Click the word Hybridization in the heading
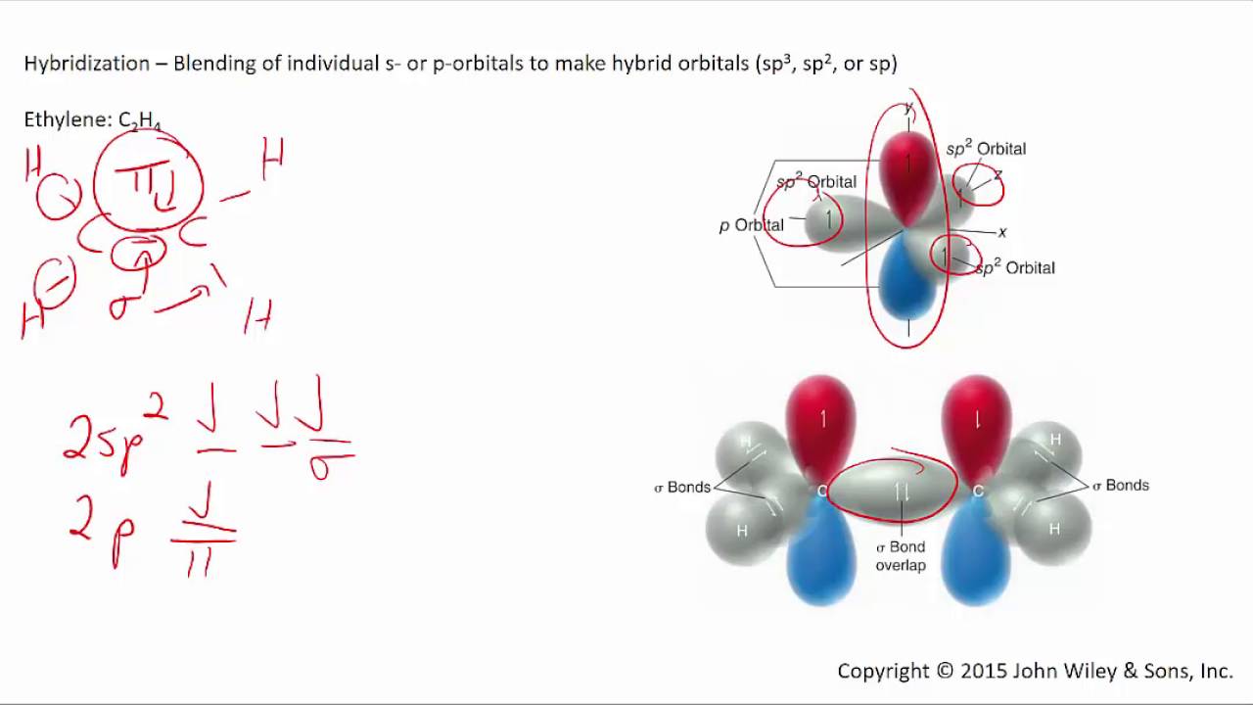(86, 64)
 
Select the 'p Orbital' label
(752, 225)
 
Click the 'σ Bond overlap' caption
(901, 556)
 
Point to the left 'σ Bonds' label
(682, 487)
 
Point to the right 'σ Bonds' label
(1121, 485)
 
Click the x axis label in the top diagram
(1002, 232)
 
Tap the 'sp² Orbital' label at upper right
(986, 149)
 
